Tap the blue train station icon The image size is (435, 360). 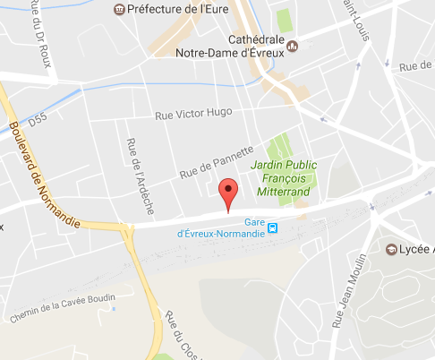[x=273, y=227]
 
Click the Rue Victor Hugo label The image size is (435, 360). [x=193, y=113]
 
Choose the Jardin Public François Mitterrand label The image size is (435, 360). [x=286, y=178]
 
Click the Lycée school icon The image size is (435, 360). [x=391, y=248]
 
